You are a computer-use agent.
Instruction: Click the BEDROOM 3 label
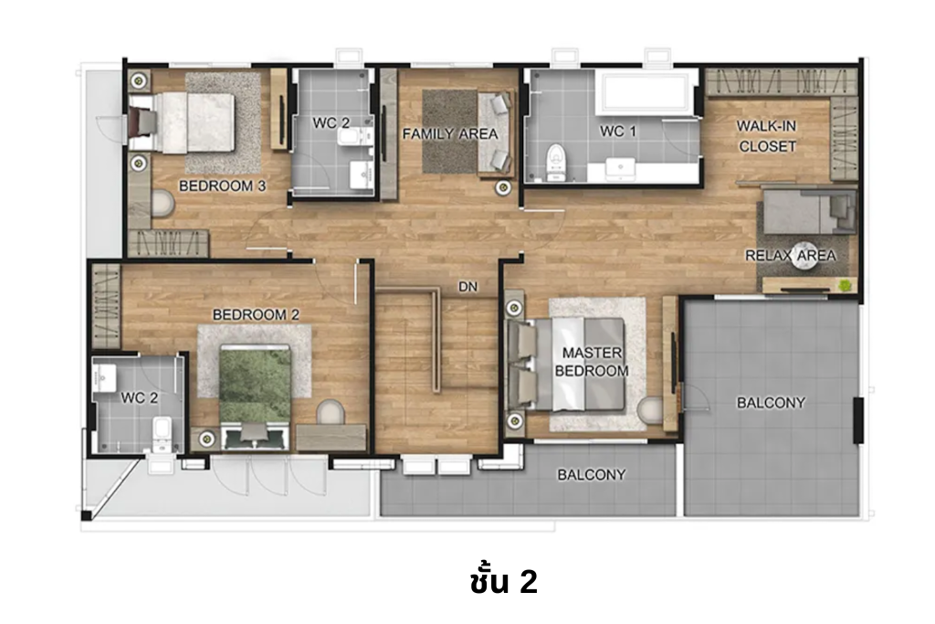tap(222, 185)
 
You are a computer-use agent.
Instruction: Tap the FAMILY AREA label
tap(450, 134)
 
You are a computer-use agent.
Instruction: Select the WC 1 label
tap(618, 132)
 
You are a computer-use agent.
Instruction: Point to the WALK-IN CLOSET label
tap(767, 136)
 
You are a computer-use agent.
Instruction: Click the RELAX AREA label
tap(790, 256)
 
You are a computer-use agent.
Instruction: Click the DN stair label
tap(468, 287)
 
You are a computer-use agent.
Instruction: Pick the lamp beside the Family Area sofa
tap(501, 188)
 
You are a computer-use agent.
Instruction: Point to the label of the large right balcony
tap(772, 402)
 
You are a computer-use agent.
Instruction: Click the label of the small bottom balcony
tap(592, 474)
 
